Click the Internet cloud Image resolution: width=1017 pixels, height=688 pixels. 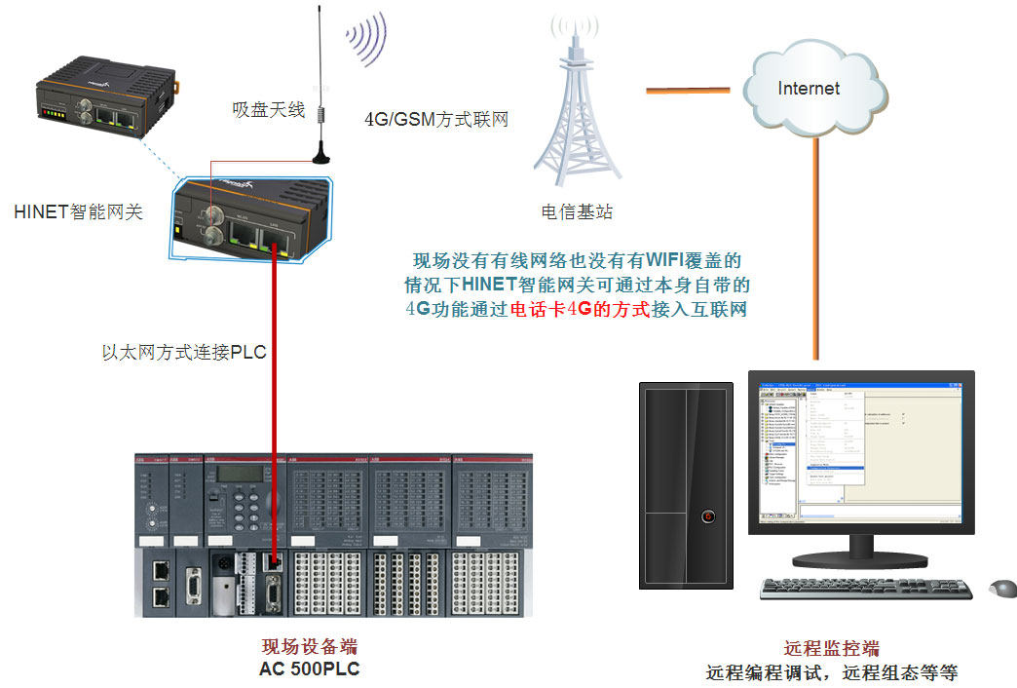(x=810, y=89)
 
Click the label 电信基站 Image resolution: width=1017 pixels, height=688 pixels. (x=577, y=211)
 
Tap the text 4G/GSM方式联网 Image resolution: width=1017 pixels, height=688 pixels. (x=436, y=120)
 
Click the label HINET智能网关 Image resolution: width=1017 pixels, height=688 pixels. (x=79, y=210)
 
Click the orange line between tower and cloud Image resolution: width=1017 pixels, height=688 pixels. (x=688, y=92)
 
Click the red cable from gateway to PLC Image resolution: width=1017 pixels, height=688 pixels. (x=276, y=390)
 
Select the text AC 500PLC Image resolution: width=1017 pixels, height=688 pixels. (x=302, y=669)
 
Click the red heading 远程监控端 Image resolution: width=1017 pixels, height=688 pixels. (x=831, y=649)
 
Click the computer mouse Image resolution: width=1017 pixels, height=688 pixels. (x=1002, y=588)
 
